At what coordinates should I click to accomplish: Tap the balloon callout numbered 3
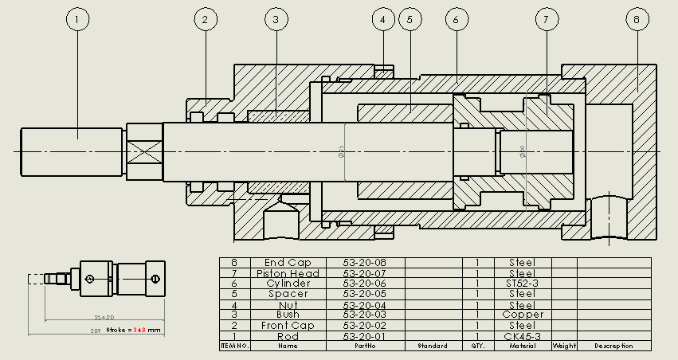point(275,19)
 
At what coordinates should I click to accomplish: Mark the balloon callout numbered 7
point(546,19)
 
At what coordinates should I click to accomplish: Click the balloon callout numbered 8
point(637,19)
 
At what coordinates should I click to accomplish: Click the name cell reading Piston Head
point(288,273)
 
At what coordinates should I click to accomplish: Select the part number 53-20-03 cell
point(364,315)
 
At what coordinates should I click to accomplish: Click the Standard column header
point(433,346)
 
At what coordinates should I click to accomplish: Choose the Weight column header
point(563,346)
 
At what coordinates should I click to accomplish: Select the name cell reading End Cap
point(288,263)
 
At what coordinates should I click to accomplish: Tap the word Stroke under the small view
point(118,329)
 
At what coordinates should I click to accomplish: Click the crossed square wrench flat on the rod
point(144,151)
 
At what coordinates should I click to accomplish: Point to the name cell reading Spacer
point(288,294)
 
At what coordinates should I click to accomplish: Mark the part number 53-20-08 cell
point(364,263)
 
